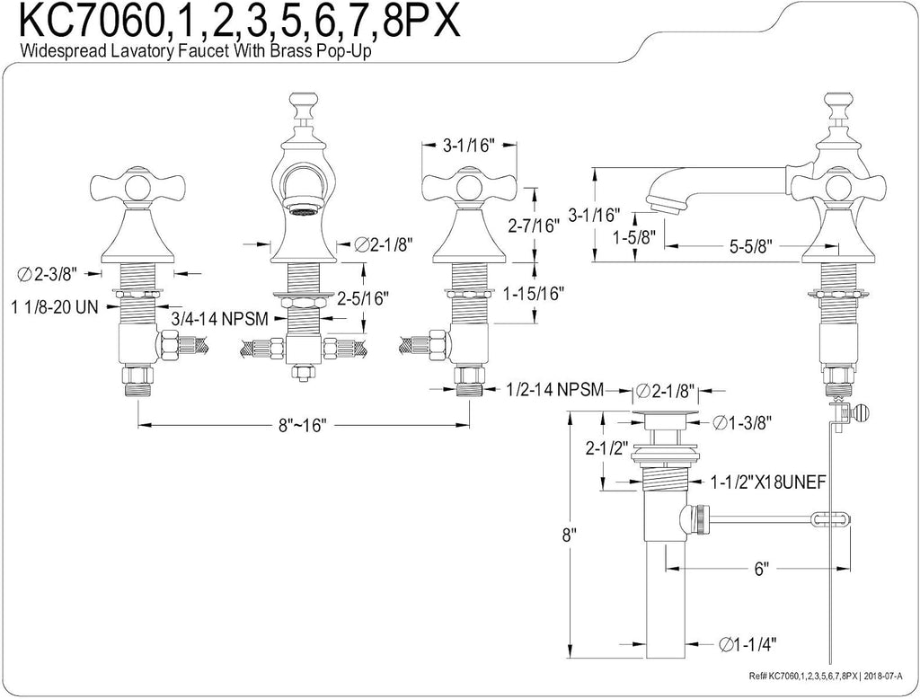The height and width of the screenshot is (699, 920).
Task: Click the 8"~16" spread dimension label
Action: coord(302,424)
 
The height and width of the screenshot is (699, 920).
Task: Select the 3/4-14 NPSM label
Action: coord(219,319)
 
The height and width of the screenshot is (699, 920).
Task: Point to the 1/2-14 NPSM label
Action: coord(555,389)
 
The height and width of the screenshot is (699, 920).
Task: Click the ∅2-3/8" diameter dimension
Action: coord(51,273)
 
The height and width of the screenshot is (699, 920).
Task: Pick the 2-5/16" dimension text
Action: coord(363,298)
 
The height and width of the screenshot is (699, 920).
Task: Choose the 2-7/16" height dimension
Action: coord(534,226)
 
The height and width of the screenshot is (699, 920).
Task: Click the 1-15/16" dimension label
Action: coord(534,293)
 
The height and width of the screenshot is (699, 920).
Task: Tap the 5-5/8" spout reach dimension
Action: coord(751,246)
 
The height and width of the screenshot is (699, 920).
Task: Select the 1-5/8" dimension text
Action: coord(634,237)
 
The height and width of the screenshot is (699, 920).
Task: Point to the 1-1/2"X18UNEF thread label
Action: coord(768,482)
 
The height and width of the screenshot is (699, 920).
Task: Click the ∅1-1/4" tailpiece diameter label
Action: coord(747,644)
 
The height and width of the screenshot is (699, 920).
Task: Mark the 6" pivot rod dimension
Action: coord(761,569)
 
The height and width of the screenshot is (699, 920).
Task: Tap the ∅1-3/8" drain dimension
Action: coord(741,421)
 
